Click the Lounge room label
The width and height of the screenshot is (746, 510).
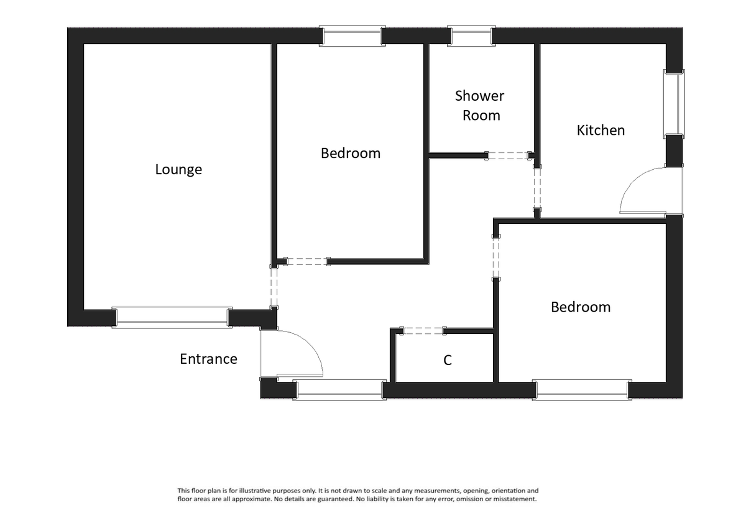click(x=178, y=169)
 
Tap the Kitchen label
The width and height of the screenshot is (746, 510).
click(x=601, y=130)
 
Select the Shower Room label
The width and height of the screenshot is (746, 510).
click(x=479, y=105)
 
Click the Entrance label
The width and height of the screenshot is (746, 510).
click(x=208, y=359)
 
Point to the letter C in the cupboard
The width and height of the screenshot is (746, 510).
click(x=447, y=360)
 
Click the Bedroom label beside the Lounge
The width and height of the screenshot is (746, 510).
click(x=350, y=153)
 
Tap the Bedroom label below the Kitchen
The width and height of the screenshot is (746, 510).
click(x=581, y=307)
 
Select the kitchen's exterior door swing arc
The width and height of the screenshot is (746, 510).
click(x=634, y=187)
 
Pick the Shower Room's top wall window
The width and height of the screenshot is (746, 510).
click(x=471, y=36)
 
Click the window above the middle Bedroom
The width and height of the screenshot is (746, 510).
click(x=351, y=36)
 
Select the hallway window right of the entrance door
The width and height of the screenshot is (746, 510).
click(x=339, y=389)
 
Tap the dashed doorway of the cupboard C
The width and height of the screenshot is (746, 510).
click(x=423, y=331)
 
